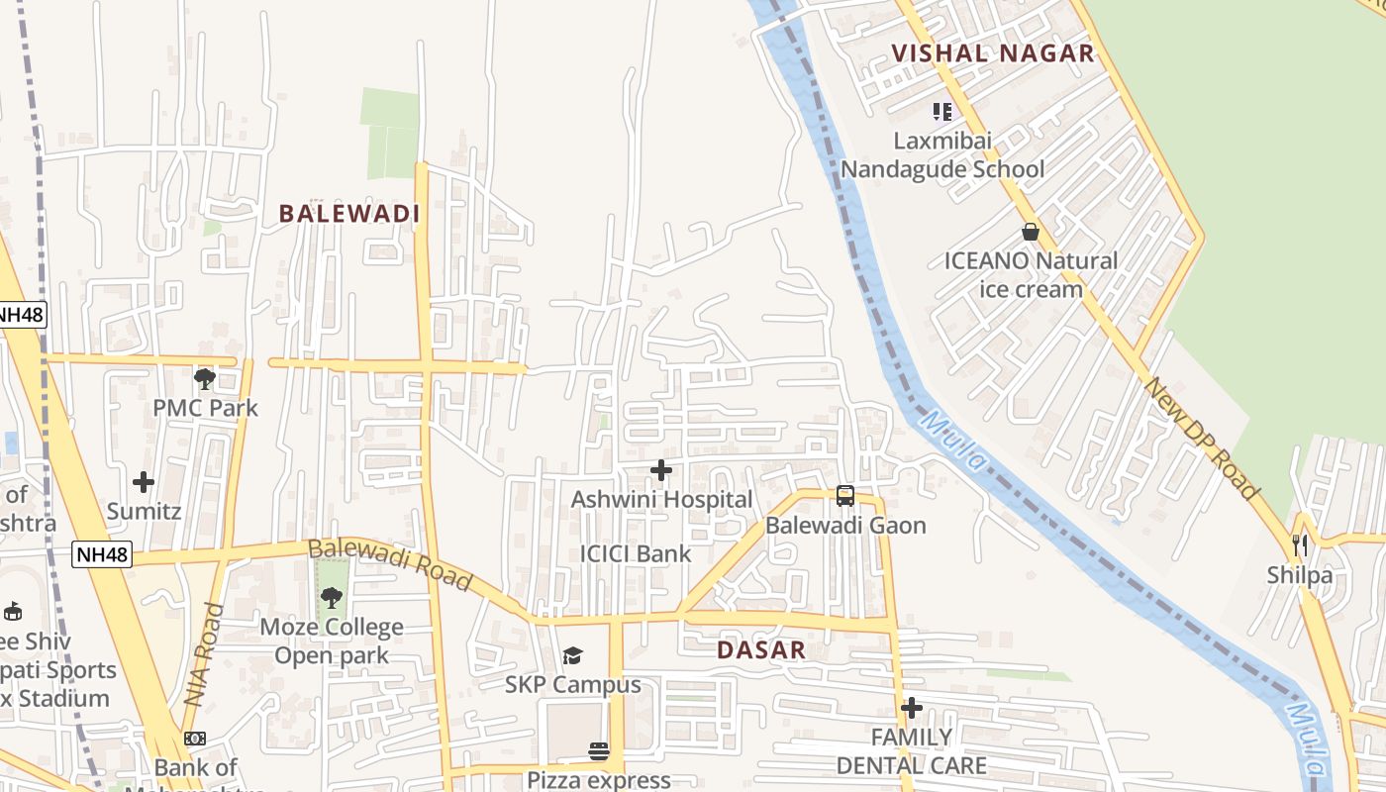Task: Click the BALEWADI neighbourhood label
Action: (x=349, y=214)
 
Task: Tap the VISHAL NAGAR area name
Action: (x=993, y=53)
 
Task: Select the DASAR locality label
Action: (x=760, y=650)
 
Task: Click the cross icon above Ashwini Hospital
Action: (x=661, y=470)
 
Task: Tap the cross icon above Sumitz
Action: (x=144, y=482)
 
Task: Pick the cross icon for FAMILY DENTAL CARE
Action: (x=912, y=708)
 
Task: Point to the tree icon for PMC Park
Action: (x=205, y=378)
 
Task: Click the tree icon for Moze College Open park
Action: (x=332, y=597)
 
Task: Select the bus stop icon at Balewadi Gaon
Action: (x=845, y=496)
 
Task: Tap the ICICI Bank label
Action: (x=636, y=553)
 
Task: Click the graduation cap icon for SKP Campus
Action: (x=573, y=655)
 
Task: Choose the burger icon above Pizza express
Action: (x=599, y=750)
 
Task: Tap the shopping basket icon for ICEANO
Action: (x=1031, y=232)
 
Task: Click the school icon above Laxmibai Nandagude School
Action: (x=942, y=111)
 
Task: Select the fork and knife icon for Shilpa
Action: (x=1300, y=544)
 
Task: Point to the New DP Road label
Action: (x=1201, y=437)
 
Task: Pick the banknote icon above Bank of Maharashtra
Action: (x=195, y=739)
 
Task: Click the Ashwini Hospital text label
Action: (x=661, y=500)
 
